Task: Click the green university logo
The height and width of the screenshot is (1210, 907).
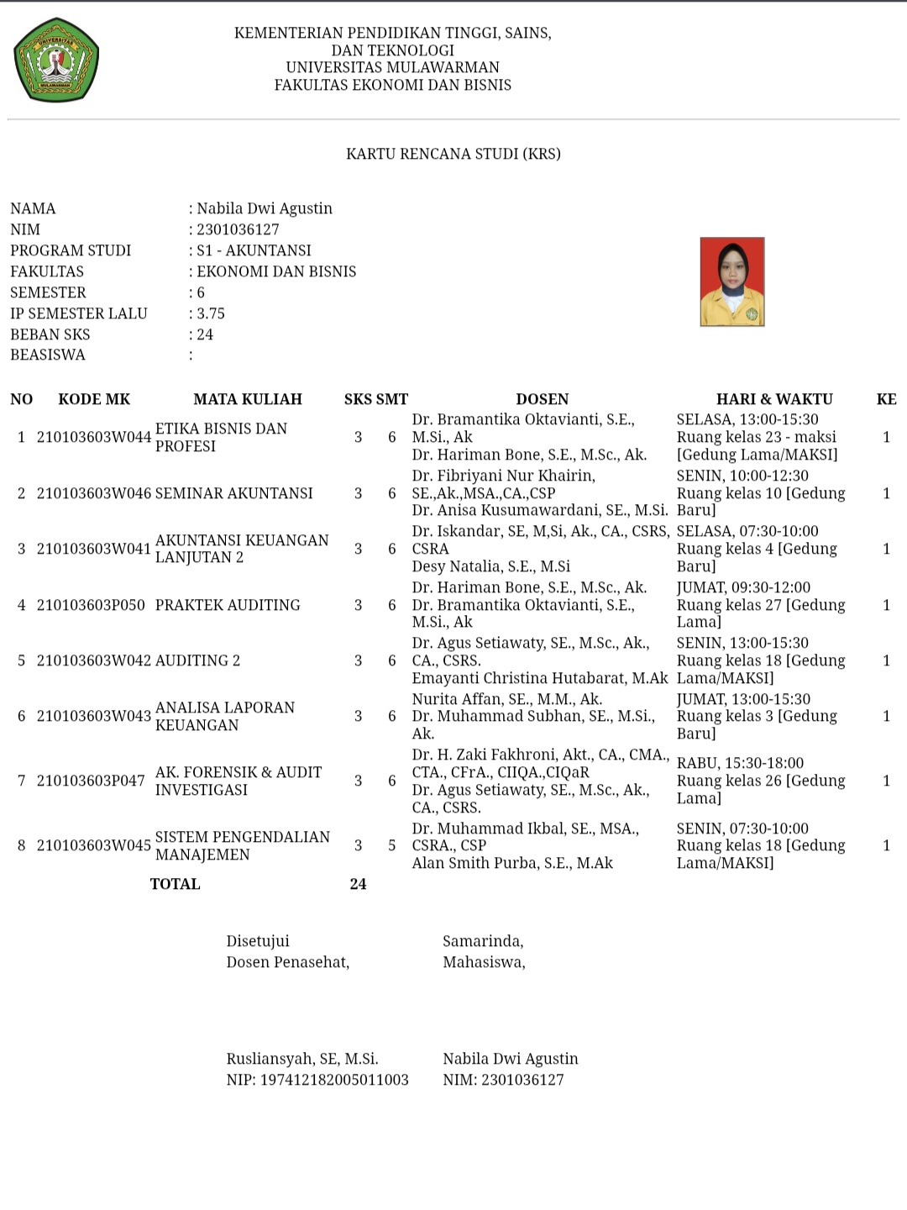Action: pyautogui.click(x=56, y=60)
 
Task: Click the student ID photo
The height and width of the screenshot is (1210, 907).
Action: pyautogui.click(x=732, y=281)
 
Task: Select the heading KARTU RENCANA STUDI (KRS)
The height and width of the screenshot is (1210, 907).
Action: pyautogui.click(x=453, y=154)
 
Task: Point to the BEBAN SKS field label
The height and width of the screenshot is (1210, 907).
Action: pyautogui.click(x=50, y=334)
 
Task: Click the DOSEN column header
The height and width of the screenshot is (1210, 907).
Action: pyautogui.click(x=542, y=399)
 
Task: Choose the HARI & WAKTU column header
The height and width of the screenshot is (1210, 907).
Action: pyautogui.click(x=774, y=399)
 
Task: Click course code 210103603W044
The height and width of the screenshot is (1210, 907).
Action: pyautogui.click(x=94, y=437)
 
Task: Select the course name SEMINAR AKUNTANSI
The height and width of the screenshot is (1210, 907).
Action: pyautogui.click(x=233, y=493)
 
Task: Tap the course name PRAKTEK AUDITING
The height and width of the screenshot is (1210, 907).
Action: pyautogui.click(x=228, y=605)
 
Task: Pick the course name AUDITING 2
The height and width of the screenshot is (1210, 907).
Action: pyautogui.click(x=197, y=660)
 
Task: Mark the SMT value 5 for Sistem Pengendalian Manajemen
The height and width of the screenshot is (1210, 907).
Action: pyautogui.click(x=391, y=845)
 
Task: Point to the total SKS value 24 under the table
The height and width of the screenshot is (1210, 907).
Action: pyautogui.click(x=358, y=884)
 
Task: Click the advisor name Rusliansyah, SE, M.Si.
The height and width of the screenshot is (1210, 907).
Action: pyautogui.click(x=302, y=1059)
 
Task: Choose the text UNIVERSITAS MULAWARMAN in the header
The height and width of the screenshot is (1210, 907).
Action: pyautogui.click(x=392, y=67)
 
